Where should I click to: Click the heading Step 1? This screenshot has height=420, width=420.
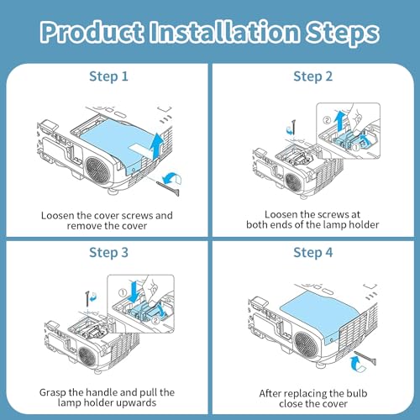tap(108, 76)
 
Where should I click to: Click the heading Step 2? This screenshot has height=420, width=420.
tap(312, 76)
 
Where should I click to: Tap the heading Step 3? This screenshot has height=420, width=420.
tap(108, 253)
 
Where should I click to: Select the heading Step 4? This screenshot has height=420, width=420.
tap(312, 253)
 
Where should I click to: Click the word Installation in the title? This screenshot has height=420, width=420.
tap(224, 32)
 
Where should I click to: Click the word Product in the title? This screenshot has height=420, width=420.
tap(92, 32)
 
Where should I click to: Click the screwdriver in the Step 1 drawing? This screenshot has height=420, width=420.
tap(168, 188)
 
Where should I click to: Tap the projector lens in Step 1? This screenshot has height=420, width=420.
tap(98, 170)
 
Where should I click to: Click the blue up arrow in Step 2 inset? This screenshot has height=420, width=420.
tap(340, 120)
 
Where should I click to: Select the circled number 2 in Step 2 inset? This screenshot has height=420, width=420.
tap(327, 120)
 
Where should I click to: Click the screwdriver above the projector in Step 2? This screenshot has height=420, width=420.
tap(293, 128)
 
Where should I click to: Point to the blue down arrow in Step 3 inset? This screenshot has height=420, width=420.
tap(134, 291)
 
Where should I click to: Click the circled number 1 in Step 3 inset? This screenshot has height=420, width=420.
tap(123, 293)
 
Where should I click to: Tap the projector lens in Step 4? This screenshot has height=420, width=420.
tap(306, 344)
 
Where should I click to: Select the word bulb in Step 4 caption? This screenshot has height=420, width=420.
tap(357, 393)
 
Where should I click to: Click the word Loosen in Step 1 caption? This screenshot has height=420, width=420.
tap(58, 216)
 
